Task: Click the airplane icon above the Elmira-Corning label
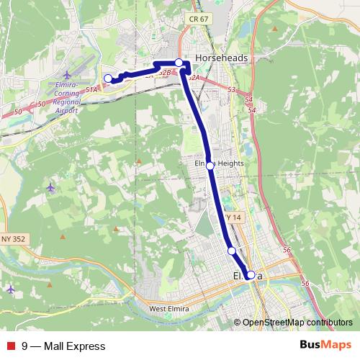coord(68,75)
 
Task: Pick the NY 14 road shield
coord(232,217)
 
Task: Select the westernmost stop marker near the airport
coord(108,78)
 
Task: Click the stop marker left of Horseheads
coord(179,63)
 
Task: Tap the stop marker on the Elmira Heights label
coord(210,166)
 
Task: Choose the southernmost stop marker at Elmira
coord(251,274)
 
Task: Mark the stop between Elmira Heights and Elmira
coord(231,251)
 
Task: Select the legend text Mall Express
coord(74,346)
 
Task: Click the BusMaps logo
coord(325,346)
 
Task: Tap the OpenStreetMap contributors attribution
coord(297,322)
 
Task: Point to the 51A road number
coord(91,89)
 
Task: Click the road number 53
coord(231,90)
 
